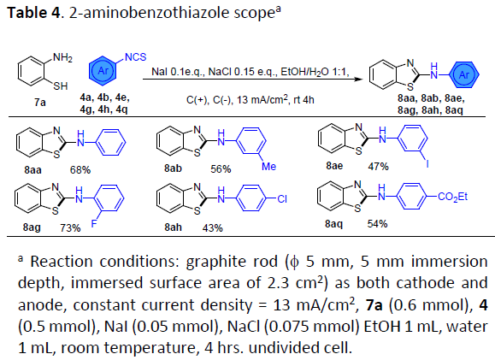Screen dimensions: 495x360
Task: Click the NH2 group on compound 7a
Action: tap(62, 58)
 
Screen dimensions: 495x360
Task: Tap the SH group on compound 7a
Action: tap(61, 86)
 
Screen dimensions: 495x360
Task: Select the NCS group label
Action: tap(136, 57)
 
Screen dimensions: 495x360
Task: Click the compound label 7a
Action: tap(40, 103)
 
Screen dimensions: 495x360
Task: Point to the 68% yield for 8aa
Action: tap(80, 170)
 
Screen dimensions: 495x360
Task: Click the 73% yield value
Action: tap(70, 227)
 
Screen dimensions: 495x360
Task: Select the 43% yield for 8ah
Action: tap(213, 227)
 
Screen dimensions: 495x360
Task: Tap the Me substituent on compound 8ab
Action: tap(269, 167)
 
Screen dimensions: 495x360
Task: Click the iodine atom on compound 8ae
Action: tap(427, 163)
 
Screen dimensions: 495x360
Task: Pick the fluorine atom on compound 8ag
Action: tap(94, 224)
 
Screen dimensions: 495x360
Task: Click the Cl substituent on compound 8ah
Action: tap(282, 199)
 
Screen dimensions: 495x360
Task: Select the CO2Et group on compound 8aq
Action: tap(453, 197)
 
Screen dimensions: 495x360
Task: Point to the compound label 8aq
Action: tap(333, 224)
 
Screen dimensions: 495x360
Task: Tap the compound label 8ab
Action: tap(173, 168)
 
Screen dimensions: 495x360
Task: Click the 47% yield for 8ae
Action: tap(378, 167)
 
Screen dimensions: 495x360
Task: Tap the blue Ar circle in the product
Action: tap(464, 74)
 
